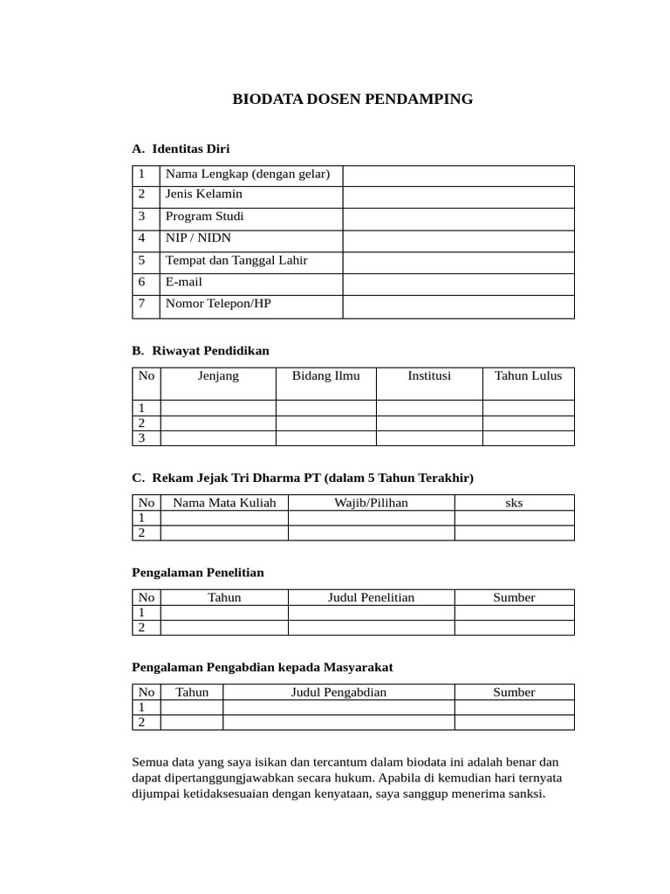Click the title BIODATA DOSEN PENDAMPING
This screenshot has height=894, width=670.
coord(352,100)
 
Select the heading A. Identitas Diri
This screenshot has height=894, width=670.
coord(181,148)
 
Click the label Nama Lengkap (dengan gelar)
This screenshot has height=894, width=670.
coord(248,174)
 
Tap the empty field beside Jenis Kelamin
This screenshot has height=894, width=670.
coord(458,196)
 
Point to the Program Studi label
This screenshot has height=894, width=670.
coord(205,217)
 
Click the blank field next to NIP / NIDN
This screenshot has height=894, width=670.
coord(458,241)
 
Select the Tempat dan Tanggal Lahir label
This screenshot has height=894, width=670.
coord(236,260)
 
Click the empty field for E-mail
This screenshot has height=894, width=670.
coord(458,285)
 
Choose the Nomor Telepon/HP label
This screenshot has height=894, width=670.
coord(218,304)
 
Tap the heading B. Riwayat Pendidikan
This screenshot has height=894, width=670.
coord(201,350)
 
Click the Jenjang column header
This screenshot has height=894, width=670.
coord(218,376)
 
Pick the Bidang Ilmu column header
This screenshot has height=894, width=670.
coord(325,376)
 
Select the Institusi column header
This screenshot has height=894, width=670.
coord(429,376)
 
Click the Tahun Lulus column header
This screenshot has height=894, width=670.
coord(528,376)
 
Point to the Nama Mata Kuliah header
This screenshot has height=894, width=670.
coord(224,503)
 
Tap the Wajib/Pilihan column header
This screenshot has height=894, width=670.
coord(371,503)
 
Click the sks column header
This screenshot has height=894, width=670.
coord(514,503)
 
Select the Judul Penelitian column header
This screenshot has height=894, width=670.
coord(371,597)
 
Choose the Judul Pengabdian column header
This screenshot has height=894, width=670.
coord(338,692)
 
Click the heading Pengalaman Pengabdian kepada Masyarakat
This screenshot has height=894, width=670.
coord(262,667)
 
